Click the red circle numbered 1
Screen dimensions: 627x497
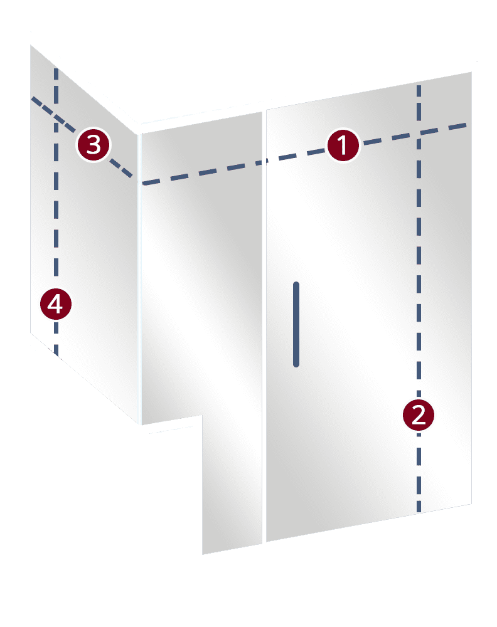343,146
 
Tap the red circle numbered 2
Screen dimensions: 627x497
419,415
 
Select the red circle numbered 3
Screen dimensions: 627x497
93,145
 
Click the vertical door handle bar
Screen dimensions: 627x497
296,324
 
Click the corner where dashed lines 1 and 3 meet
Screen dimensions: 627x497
141,182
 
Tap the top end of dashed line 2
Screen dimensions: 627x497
419,85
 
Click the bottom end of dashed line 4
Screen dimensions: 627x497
56,355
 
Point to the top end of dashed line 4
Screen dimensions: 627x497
56,68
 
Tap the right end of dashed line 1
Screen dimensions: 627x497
468,125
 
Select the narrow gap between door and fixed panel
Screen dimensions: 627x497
264,326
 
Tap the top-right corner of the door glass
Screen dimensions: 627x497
471,72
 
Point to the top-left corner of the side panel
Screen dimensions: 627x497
31,45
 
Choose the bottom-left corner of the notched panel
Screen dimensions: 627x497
203,554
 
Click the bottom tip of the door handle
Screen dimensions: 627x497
296,364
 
